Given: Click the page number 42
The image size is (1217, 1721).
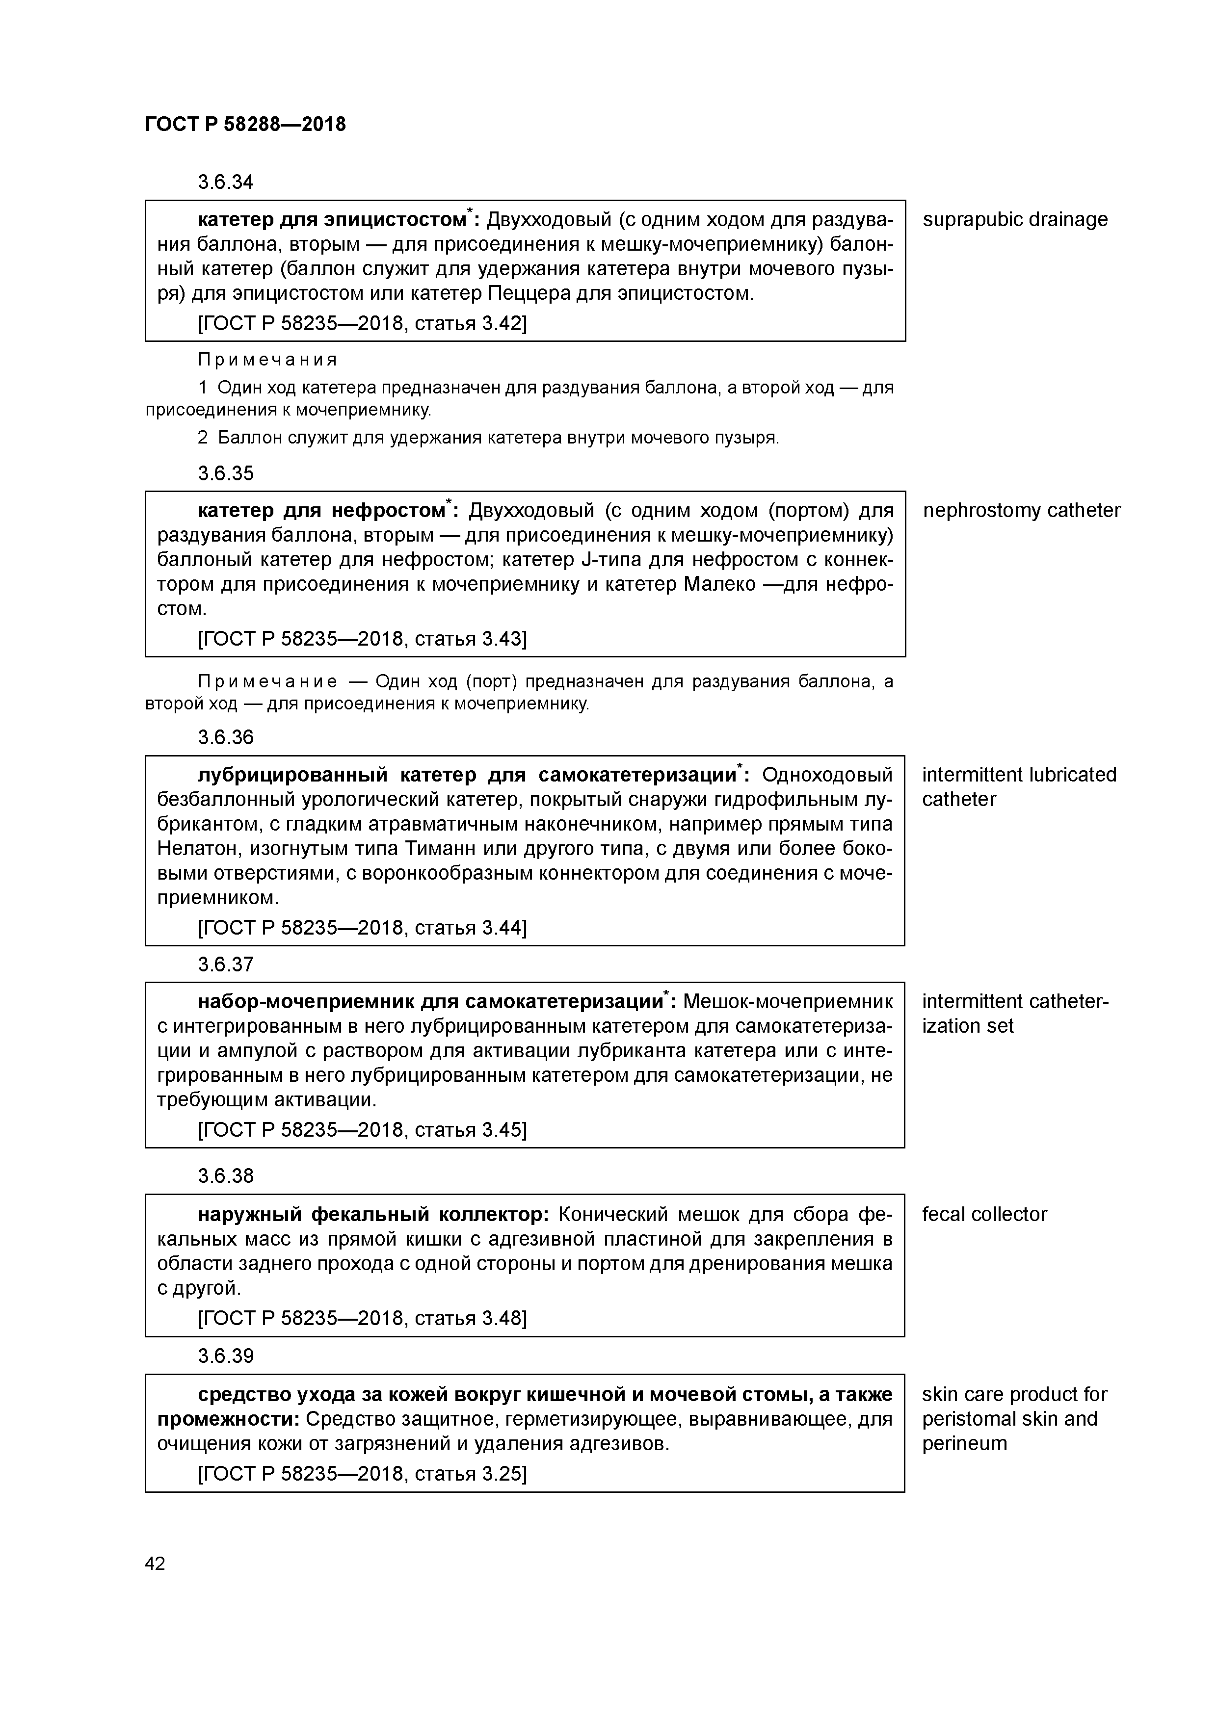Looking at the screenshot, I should point(155,1564).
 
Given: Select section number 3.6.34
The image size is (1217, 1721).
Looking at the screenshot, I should point(226,182).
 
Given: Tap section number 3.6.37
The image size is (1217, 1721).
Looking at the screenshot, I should point(226,965).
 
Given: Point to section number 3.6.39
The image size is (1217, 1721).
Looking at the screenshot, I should point(226,1356).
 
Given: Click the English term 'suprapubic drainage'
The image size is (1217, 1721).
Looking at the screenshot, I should point(1014,220).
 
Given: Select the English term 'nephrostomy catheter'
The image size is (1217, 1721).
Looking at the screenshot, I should point(1021,510).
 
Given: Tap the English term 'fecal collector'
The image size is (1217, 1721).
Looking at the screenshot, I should point(984,1214).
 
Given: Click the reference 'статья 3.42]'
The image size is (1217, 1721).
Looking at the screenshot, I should point(470,324).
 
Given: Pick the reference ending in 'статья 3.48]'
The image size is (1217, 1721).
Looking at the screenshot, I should point(470,1319).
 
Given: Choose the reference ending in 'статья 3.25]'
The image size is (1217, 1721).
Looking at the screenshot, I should point(470,1474).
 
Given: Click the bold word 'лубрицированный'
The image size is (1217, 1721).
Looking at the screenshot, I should point(292,775).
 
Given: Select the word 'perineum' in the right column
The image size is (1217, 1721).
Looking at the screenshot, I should point(964,1444).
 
